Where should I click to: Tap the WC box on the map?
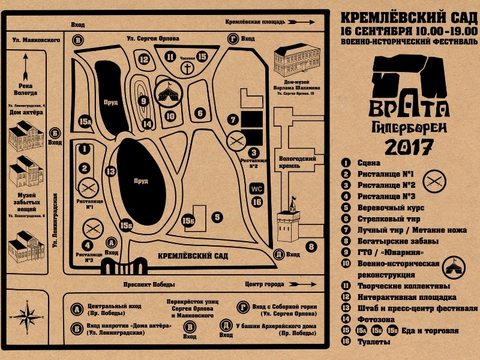(x=257, y=188)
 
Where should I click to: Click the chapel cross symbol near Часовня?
(x=188, y=68)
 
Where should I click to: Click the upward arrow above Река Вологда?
(x=25, y=65)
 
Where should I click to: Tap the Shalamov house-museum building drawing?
(x=296, y=64)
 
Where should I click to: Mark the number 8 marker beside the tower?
(x=311, y=245)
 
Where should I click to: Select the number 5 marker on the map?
(x=218, y=217)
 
